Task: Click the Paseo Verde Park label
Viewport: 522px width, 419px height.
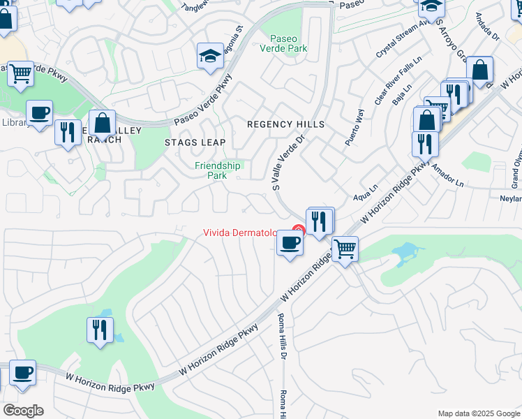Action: (288, 43)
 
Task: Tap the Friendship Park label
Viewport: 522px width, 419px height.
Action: (218, 170)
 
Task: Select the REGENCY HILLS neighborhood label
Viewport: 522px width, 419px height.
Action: (286, 124)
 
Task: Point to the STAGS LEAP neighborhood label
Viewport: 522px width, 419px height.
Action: (195, 142)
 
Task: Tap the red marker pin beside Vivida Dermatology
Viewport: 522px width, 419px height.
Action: (299, 229)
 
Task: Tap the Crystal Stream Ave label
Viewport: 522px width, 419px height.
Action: (399, 38)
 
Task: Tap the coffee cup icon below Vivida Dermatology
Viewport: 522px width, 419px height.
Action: (290, 243)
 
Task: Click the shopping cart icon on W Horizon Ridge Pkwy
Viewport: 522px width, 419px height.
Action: (345, 248)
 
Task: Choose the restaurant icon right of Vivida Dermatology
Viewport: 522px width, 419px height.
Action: (319, 221)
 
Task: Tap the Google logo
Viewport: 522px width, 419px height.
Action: (23, 411)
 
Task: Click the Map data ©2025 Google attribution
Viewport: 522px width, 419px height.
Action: (478, 413)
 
